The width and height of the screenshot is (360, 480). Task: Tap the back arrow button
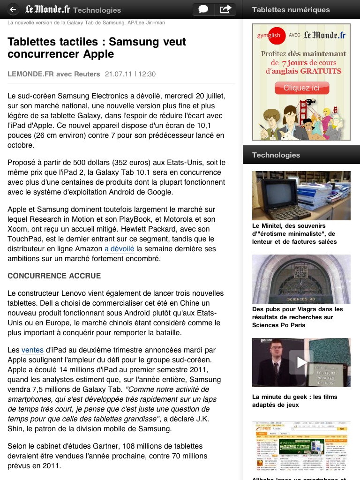tap(13, 9)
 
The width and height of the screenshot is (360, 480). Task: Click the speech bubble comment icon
tap(203, 9)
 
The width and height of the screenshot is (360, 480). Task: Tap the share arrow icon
tap(225, 9)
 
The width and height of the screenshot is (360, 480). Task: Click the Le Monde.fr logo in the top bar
tap(47, 9)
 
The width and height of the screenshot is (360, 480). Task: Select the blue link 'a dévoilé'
tap(119, 249)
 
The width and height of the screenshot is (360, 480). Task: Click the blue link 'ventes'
tap(32, 350)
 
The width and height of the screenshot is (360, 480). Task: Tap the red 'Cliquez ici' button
tap(301, 88)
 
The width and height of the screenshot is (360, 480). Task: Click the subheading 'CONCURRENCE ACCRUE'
tap(54, 276)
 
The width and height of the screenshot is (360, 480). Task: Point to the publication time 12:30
tap(147, 74)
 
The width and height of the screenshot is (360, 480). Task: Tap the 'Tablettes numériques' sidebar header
tap(291, 9)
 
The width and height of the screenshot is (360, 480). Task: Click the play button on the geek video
tap(301, 362)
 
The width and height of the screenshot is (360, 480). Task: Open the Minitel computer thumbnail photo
tap(301, 195)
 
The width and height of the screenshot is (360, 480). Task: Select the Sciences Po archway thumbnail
tap(301, 279)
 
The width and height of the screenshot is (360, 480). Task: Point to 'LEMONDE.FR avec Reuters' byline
tap(54, 74)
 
